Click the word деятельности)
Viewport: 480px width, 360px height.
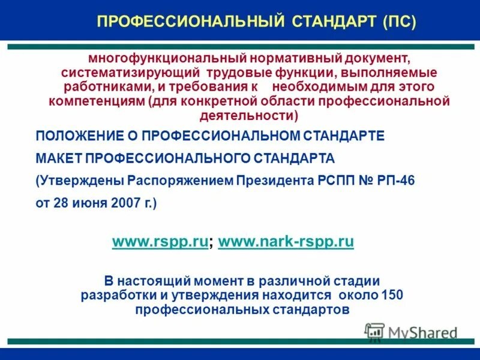click(248, 115)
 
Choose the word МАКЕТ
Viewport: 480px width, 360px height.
click(59, 158)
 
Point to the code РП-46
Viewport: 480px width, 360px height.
click(394, 181)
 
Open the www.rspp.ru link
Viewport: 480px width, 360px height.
click(160, 242)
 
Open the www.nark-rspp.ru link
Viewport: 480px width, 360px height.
click(286, 242)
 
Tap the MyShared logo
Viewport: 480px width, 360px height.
click(412, 332)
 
